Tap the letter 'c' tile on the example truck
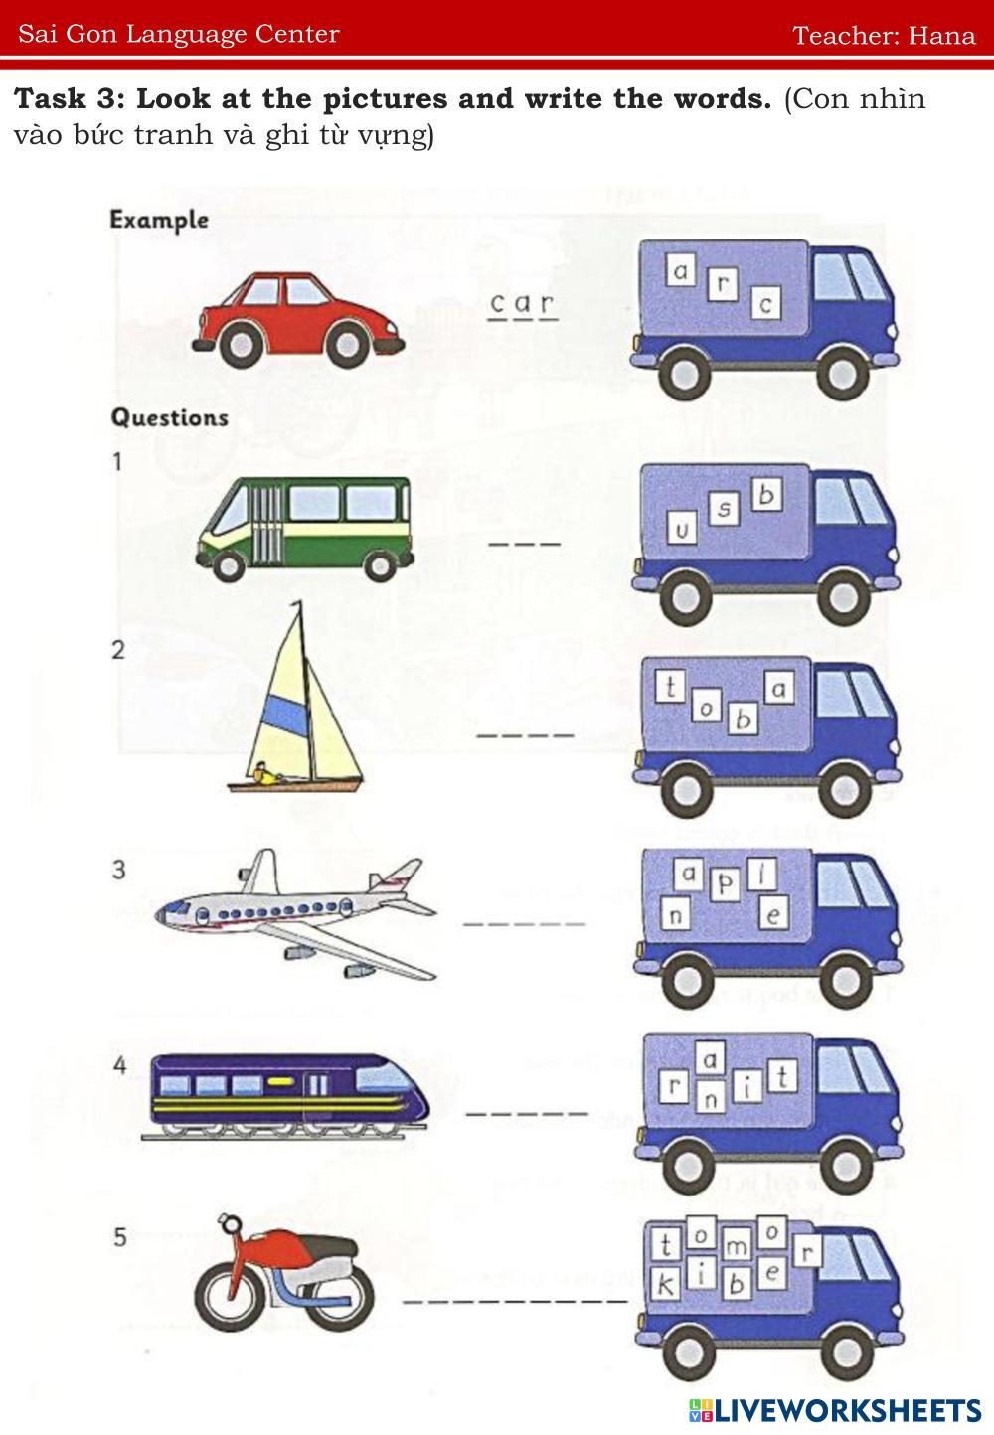[x=764, y=304]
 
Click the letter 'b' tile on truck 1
[x=765, y=494]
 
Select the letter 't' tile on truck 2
[x=672, y=686]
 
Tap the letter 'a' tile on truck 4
[x=709, y=1060]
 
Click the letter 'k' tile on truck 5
[x=665, y=1285]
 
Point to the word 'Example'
[x=159, y=220]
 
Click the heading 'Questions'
[x=169, y=417]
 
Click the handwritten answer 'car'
[x=524, y=304]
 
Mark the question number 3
[x=119, y=870]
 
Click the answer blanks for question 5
[x=515, y=1300]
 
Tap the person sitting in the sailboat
[x=262, y=773]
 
